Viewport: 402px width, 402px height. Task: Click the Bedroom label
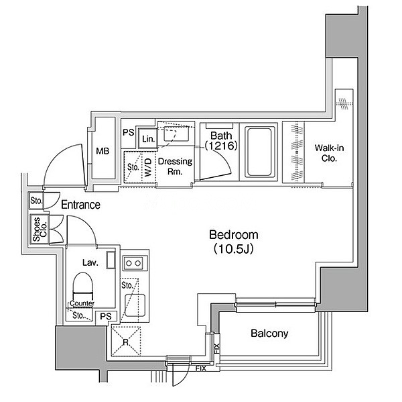pyautogui.click(x=233, y=235)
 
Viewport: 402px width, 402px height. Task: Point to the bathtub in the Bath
pyautogui.click(x=259, y=151)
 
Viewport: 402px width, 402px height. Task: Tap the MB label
pyautogui.click(x=103, y=151)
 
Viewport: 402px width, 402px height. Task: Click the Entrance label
pyautogui.click(x=80, y=205)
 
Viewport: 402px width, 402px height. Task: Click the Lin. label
pyautogui.click(x=148, y=139)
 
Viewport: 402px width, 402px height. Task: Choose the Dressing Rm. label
pyautogui.click(x=175, y=166)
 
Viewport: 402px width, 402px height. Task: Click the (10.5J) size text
pyautogui.click(x=233, y=250)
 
